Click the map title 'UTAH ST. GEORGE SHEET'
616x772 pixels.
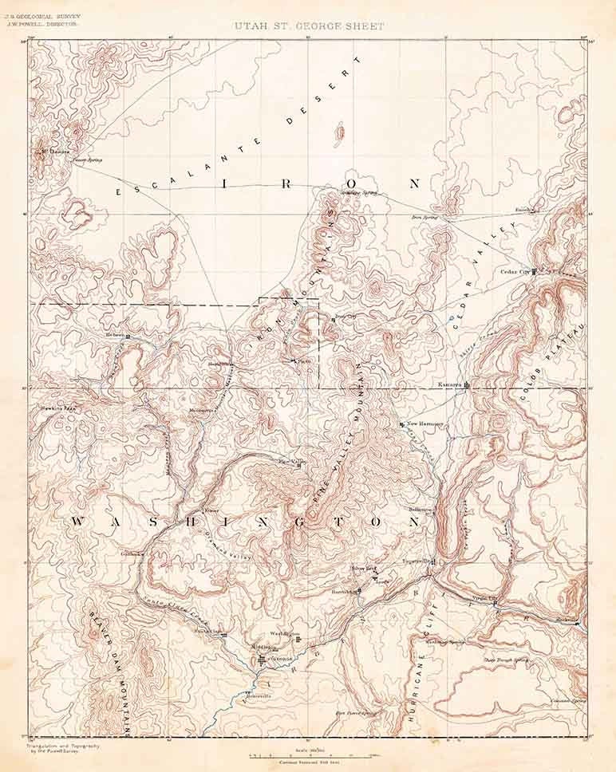tap(310, 26)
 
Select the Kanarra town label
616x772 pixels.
tap(450, 384)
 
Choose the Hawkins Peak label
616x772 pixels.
tap(59, 408)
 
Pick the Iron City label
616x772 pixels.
tap(344, 317)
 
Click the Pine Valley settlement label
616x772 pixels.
tap(291, 461)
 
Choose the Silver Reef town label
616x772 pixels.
tap(365, 569)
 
